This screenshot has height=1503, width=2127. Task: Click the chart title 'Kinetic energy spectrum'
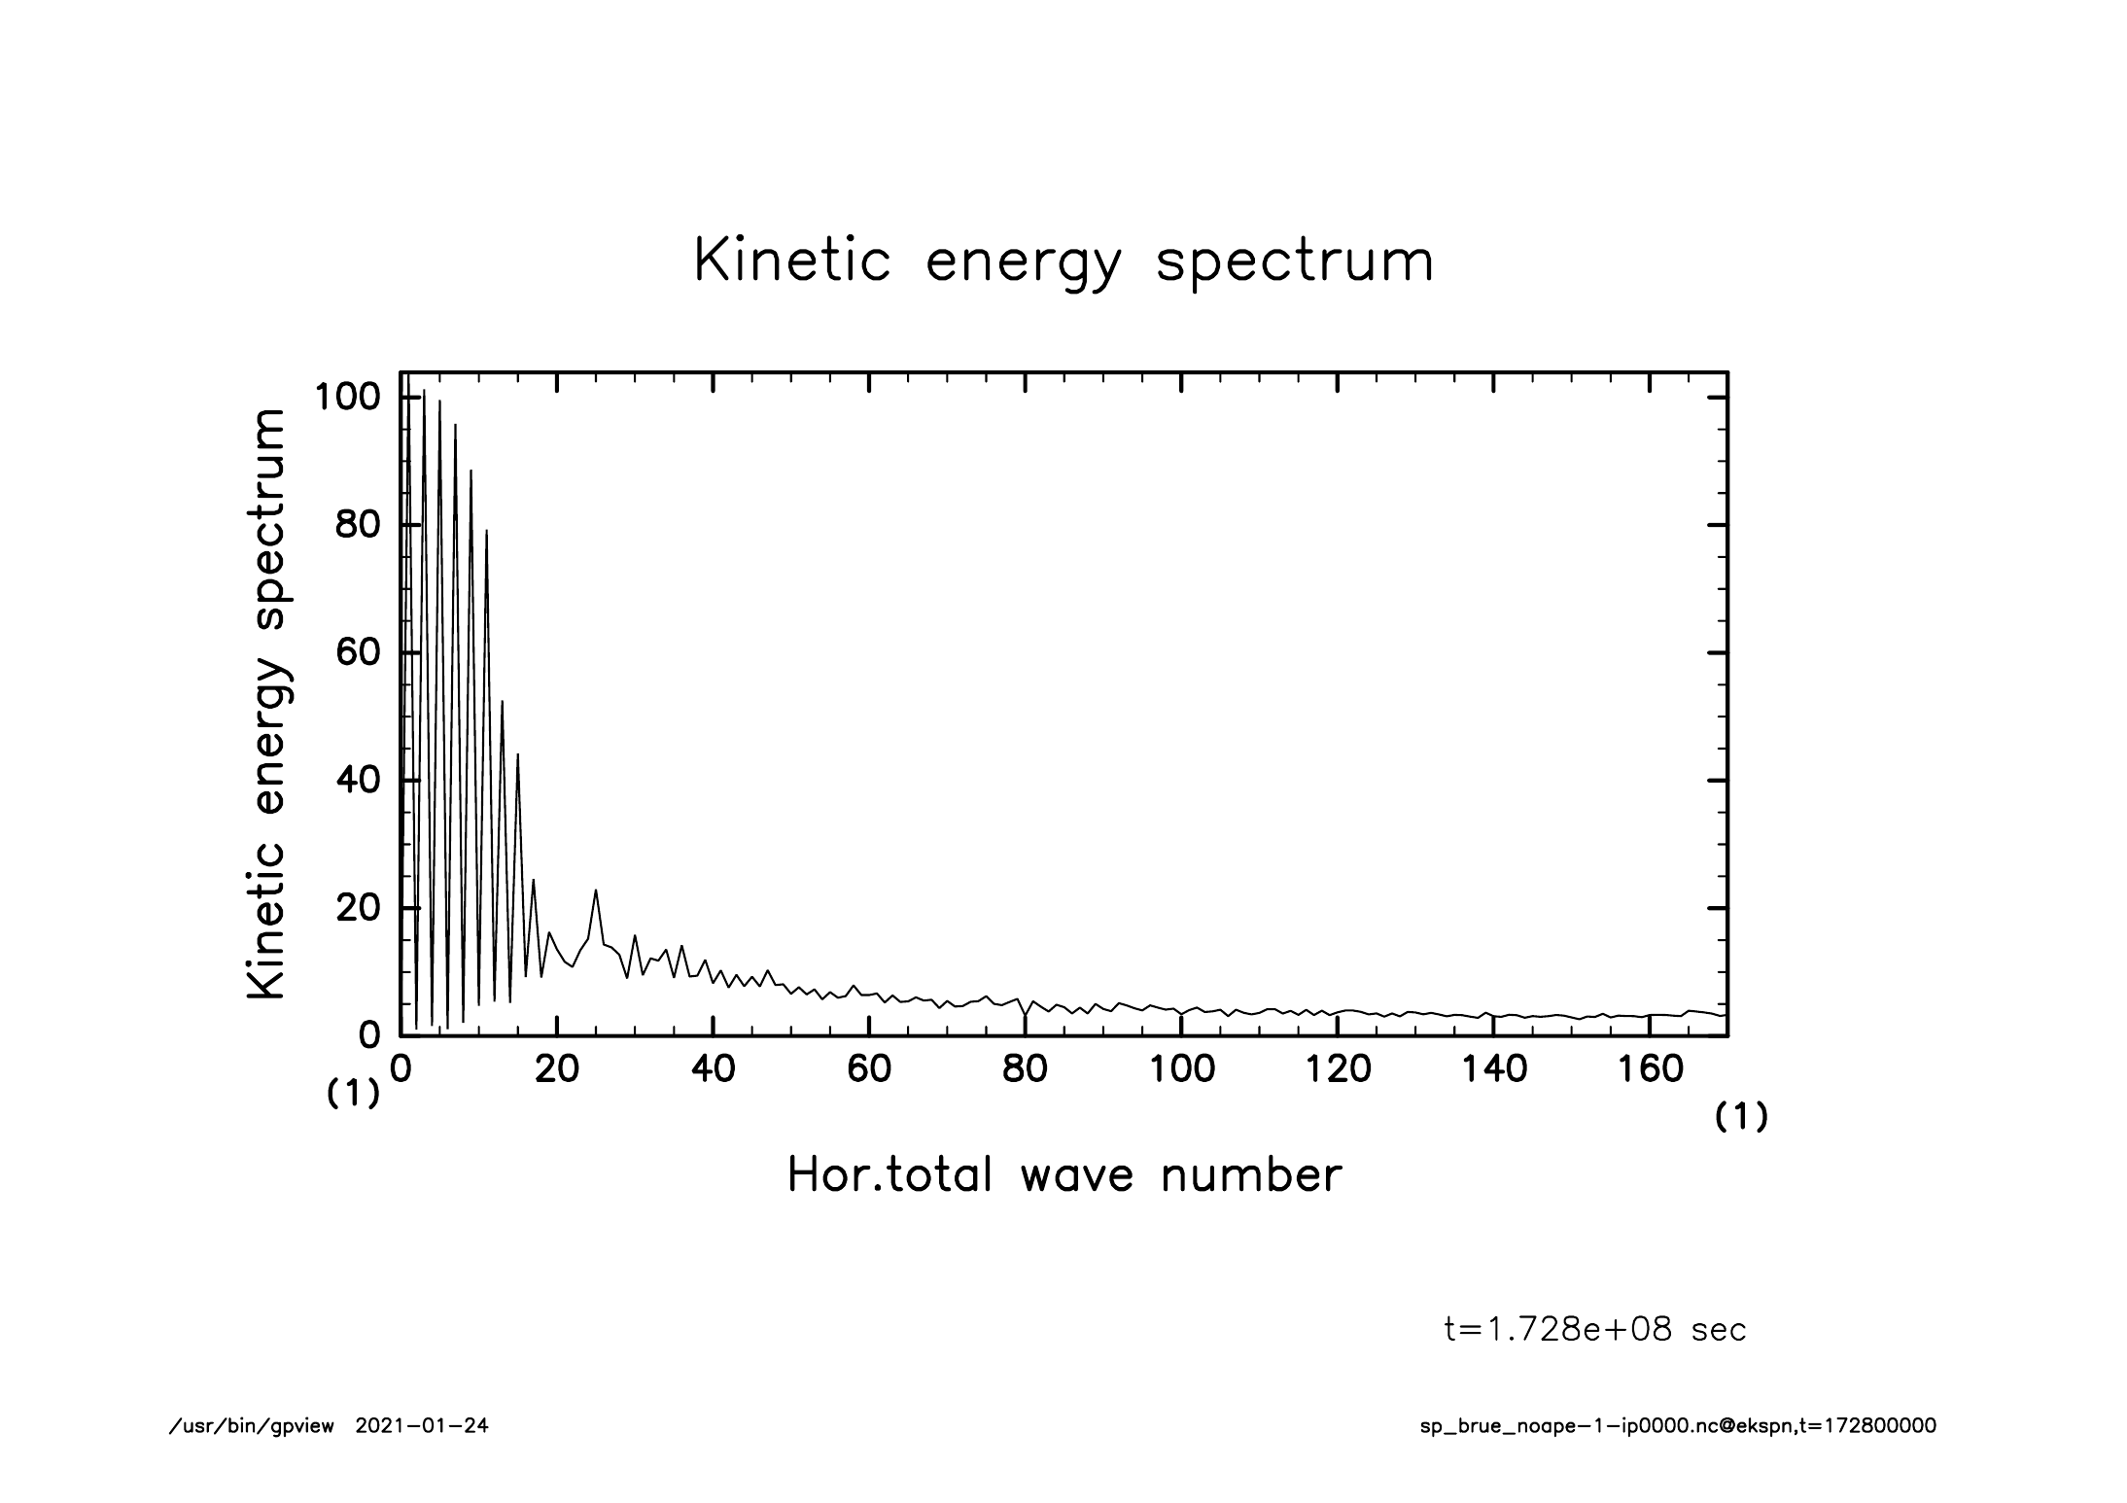point(1063,262)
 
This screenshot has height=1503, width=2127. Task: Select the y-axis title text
point(266,704)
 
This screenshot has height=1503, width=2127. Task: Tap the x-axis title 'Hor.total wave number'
point(1063,1175)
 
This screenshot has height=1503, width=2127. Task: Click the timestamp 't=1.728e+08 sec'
point(1595,1330)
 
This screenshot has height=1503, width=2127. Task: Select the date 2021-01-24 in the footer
point(423,1426)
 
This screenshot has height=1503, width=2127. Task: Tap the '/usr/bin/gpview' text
point(252,1426)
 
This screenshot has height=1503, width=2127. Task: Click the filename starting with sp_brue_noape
point(1678,1426)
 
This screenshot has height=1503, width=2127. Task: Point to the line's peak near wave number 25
point(596,890)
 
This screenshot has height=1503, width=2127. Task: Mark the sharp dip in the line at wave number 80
point(1025,1015)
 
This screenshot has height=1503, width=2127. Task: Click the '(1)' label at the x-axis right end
point(1741,1118)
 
